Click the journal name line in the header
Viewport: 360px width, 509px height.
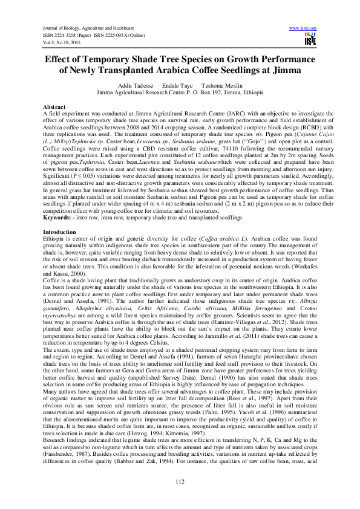coord(88,28)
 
